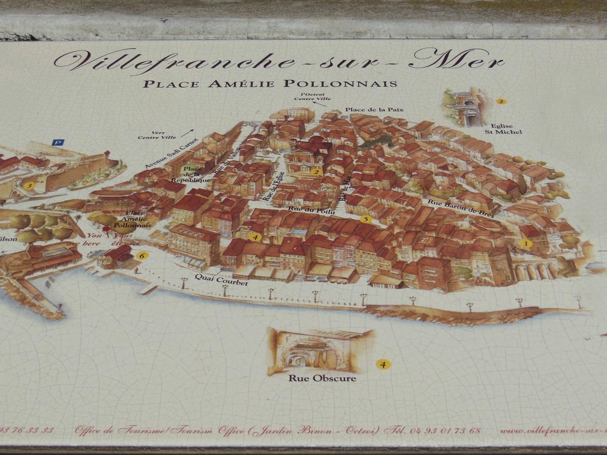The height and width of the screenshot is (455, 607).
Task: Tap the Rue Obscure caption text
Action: point(322,378)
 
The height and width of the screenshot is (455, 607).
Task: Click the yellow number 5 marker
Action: point(365,219)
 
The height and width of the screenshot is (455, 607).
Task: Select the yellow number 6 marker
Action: point(142,256)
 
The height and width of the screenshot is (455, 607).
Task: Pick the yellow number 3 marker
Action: point(28,186)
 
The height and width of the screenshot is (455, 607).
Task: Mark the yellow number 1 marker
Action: point(526,243)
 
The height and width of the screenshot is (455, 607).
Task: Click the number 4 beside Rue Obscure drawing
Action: point(383,365)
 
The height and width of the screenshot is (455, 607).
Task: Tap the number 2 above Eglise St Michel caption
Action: point(501,102)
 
